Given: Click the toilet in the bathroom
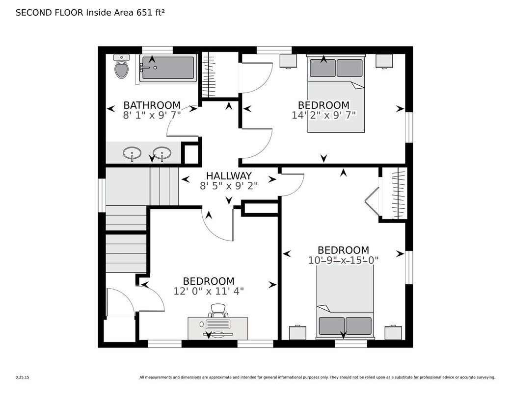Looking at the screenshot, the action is [121, 66].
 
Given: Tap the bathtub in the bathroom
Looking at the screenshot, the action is [168, 68].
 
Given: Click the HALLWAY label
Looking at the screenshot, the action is [229, 176].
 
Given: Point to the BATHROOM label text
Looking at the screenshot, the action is [152, 105].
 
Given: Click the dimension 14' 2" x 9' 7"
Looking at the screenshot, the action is [323, 115].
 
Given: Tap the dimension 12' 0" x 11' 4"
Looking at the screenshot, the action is [209, 291].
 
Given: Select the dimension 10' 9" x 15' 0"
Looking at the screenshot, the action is [343, 260].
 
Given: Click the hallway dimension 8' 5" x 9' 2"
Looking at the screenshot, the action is [229, 186].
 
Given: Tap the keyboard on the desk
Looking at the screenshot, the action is [218, 324].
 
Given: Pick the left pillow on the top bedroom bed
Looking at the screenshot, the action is [323, 68].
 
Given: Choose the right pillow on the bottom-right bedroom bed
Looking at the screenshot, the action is [358, 326].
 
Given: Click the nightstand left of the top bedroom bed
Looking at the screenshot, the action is [288, 61].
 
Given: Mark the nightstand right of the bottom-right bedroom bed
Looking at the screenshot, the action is [393, 333].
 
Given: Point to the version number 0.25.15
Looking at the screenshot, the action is [23, 377].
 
